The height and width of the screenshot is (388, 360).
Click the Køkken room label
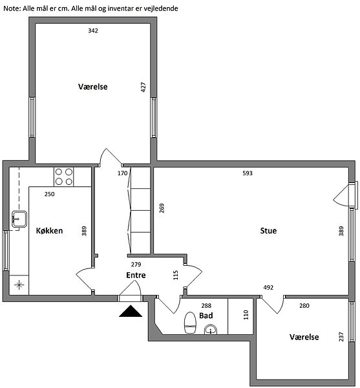coord(50,231)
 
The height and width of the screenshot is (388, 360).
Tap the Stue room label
coord(268,231)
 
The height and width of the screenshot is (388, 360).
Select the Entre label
coord(136,275)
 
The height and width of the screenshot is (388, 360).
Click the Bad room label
coord(206,316)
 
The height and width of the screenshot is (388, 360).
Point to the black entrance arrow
coord(131,311)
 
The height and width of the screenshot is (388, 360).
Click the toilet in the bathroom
coord(190,323)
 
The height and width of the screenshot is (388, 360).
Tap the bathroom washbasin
coord(211,330)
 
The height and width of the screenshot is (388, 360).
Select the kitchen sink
coord(19,219)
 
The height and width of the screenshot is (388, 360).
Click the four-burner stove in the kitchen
coord(64,177)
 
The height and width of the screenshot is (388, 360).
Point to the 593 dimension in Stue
coord(248,173)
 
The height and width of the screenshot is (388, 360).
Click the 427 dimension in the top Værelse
coord(143,87)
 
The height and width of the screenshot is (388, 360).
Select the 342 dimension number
coord(93,30)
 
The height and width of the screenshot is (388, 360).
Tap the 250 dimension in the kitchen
coord(50,194)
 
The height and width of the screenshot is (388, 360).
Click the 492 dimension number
coord(268,288)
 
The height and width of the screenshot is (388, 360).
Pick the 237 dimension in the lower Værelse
coord(341,337)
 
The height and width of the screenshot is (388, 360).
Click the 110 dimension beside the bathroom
coord(246,315)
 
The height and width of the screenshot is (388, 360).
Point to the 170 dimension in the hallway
coord(122,173)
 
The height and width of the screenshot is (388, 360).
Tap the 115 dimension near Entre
coord(176,275)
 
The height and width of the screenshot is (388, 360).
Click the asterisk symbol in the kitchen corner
coord(19,285)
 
